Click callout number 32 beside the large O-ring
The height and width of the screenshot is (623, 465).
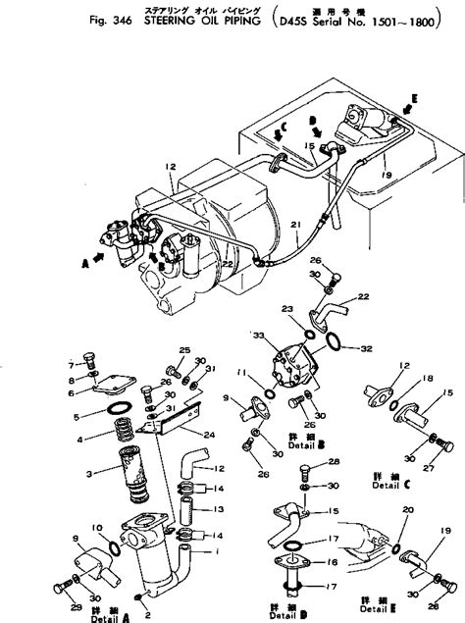pyautogui.click(x=367, y=347)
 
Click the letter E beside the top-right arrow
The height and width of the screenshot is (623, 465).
pyautogui.click(x=414, y=99)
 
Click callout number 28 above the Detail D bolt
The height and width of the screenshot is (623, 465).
pyautogui.click(x=334, y=460)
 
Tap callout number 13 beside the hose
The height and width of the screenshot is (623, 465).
pyautogui.click(x=220, y=509)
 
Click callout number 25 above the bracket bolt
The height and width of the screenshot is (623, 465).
pyautogui.click(x=182, y=350)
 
